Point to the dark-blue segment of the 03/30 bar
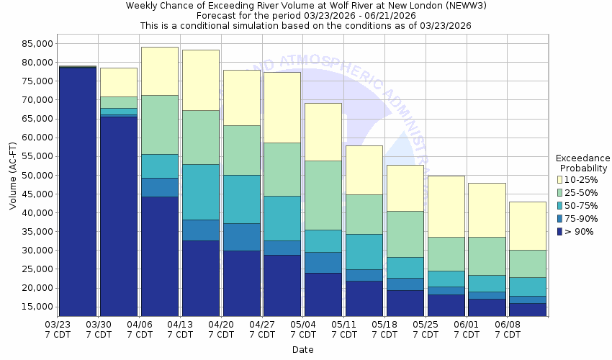pos(119,216)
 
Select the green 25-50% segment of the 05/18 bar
pos(405,234)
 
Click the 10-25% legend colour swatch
pos(560,179)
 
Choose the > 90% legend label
pos(580,231)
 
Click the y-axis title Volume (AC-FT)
pos(12,176)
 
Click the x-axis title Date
pos(303,349)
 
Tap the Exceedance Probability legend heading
pos(582,163)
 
